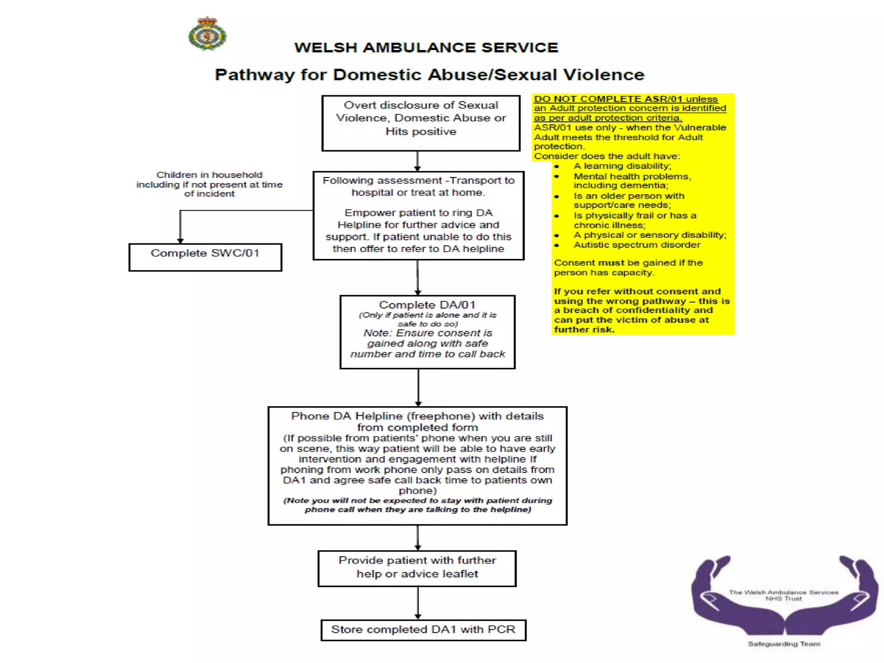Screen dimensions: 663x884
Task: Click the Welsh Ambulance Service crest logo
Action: pyautogui.click(x=208, y=34)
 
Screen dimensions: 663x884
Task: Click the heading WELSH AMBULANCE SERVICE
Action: pyautogui.click(x=426, y=47)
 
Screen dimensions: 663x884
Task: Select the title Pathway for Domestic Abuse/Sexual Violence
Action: pyautogui.click(x=429, y=75)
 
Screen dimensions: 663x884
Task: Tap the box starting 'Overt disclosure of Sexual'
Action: pyautogui.click(x=421, y=123)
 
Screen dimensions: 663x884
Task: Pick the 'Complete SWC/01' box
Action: pyautogui.click(x=205, y=257)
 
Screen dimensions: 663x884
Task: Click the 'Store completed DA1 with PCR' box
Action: pyautogui.click(x=423, y=630)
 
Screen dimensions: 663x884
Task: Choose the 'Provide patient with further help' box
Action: pyautogui.click(x=417, y=568)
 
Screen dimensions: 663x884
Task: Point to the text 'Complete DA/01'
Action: pyautogui.click(x=427, y=305)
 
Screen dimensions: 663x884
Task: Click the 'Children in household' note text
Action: pyautogui.click(x=209, y=184)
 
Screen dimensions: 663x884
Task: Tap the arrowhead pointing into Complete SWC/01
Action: pyautogui.click(x=180, y=240)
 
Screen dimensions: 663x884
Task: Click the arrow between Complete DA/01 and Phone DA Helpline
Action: pyautogui.click(x=418, y=387)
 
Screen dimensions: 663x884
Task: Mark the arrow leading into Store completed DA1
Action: pyautogui.click(x=417, y=603)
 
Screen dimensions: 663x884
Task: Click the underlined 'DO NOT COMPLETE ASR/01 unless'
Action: pyautogui.click(x=625, y=99)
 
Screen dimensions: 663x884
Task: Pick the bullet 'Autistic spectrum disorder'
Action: pyautogui.click(x=637, y=245)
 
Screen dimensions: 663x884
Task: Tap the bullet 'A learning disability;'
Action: pyautogui.click(x=622, y=166)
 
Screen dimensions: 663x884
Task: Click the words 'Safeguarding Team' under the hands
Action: pyautogui.click(x=784, y=644)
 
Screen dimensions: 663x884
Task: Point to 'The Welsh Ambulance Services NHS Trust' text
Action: pyautogui.click(x=783, y=595)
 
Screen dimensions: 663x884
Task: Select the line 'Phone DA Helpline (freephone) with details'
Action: pyautogui.click(x=417, y=416)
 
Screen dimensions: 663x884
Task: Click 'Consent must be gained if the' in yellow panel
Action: pyautogui.click(x=628, y=263)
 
